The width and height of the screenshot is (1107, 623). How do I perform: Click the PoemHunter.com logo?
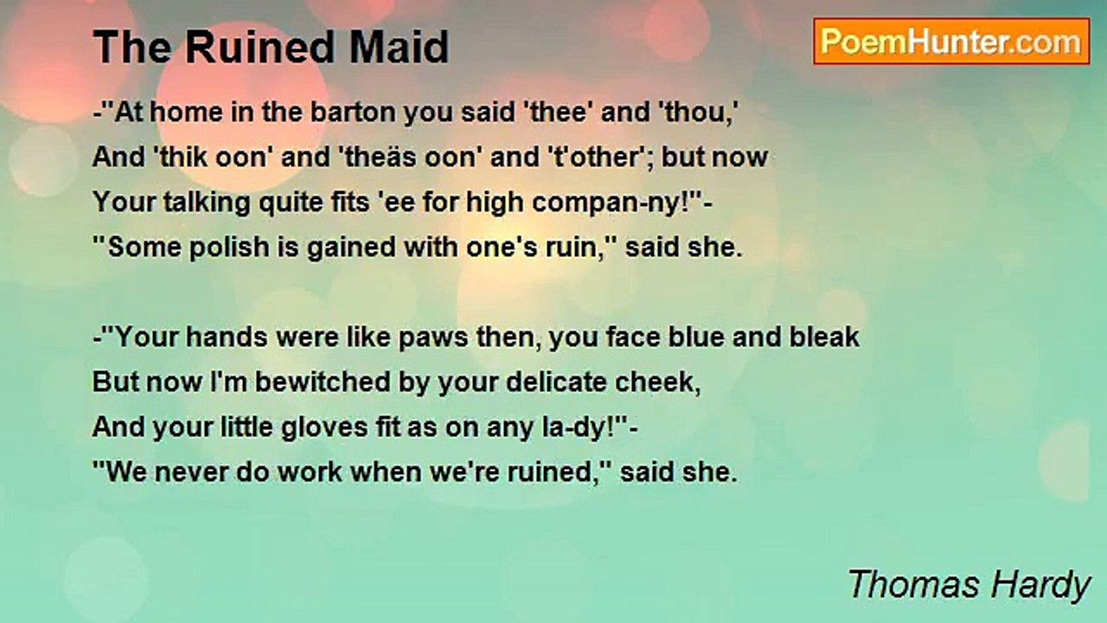point(951,42)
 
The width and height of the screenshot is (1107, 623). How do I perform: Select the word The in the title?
point(124,48)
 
